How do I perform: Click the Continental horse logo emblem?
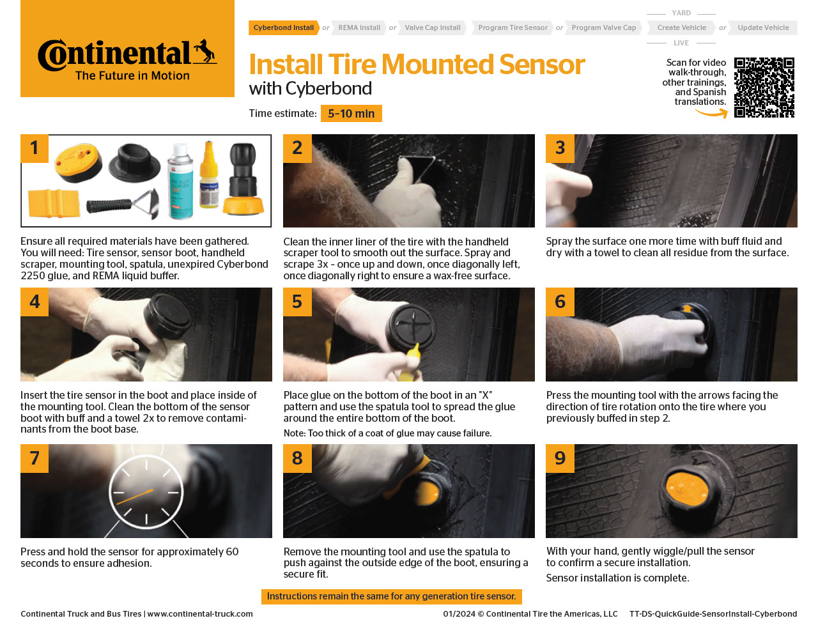tap(204, 51)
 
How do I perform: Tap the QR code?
tap(764, 88)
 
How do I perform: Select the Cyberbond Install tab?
tap(283, 27)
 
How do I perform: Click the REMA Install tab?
tap(359, 27)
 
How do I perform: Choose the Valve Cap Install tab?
tap(433, 27)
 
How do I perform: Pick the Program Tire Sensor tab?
tap(513, 27)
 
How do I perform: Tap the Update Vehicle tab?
tap(763, 27)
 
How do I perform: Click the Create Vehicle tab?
tap(681, 27)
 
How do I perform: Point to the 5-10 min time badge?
tap(351, 114)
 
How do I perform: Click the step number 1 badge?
tap(35, 148)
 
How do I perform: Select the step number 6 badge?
tap(560, 302)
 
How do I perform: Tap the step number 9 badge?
tap(560, 458)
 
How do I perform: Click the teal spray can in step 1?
tap(180, 181)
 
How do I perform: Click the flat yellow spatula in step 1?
tap(53, 204)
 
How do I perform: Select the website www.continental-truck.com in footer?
tap(200, 614)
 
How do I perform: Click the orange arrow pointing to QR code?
tap(712, 113)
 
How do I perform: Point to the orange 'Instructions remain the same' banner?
tap(391, 596)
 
